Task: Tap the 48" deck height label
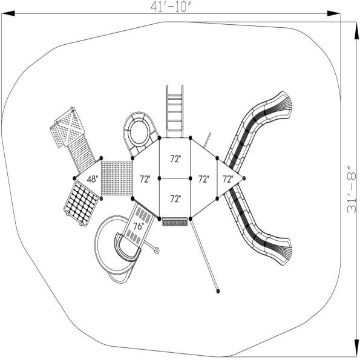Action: tap(92, 179)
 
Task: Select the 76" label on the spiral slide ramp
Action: tap(138, 226)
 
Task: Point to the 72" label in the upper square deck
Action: tap(175, 159)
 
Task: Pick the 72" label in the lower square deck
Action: tap(175, 198)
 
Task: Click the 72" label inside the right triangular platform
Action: tap(227, 179)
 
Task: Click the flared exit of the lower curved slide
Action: tap(280, 250)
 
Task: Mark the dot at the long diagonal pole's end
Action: tap(218, 292)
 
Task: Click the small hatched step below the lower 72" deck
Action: tap(175, 223)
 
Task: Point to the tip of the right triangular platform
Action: tap(244, 178)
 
